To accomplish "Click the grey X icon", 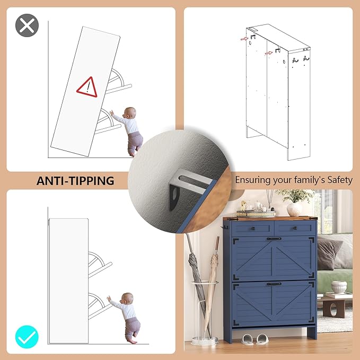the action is (27, 25).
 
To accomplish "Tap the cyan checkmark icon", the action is (27, 337).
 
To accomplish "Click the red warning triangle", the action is (87, 87).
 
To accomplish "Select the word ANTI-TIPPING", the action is (75, 181).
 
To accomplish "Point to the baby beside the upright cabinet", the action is (126, 318).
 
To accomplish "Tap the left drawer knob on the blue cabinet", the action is (253, 229).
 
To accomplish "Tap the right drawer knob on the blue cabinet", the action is (295, 228).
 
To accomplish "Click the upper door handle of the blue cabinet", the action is (274, 239).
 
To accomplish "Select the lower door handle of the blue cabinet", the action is (274, 284).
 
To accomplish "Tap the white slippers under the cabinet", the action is (255, 339).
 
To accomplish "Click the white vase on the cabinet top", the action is (294, 209).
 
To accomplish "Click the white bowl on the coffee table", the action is (339, 287).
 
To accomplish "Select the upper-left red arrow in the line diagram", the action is (244, 39).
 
